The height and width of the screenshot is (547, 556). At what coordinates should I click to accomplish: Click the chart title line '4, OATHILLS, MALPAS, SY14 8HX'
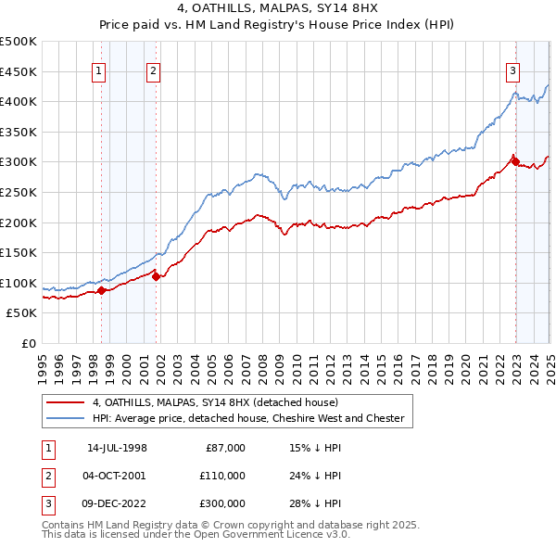277,10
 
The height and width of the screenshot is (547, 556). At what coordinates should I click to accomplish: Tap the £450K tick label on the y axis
19,71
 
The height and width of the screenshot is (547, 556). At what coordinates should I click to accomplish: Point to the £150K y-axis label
19,252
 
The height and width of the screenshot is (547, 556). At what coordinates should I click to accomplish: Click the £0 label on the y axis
28,343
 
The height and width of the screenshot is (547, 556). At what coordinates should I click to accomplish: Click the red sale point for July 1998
101,291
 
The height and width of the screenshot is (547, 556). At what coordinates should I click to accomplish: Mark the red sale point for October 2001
156,276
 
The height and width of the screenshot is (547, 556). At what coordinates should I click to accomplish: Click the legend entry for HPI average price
248,418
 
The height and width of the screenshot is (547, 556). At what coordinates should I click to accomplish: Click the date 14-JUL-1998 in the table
117,448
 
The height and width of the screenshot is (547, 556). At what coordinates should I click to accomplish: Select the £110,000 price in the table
223,476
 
